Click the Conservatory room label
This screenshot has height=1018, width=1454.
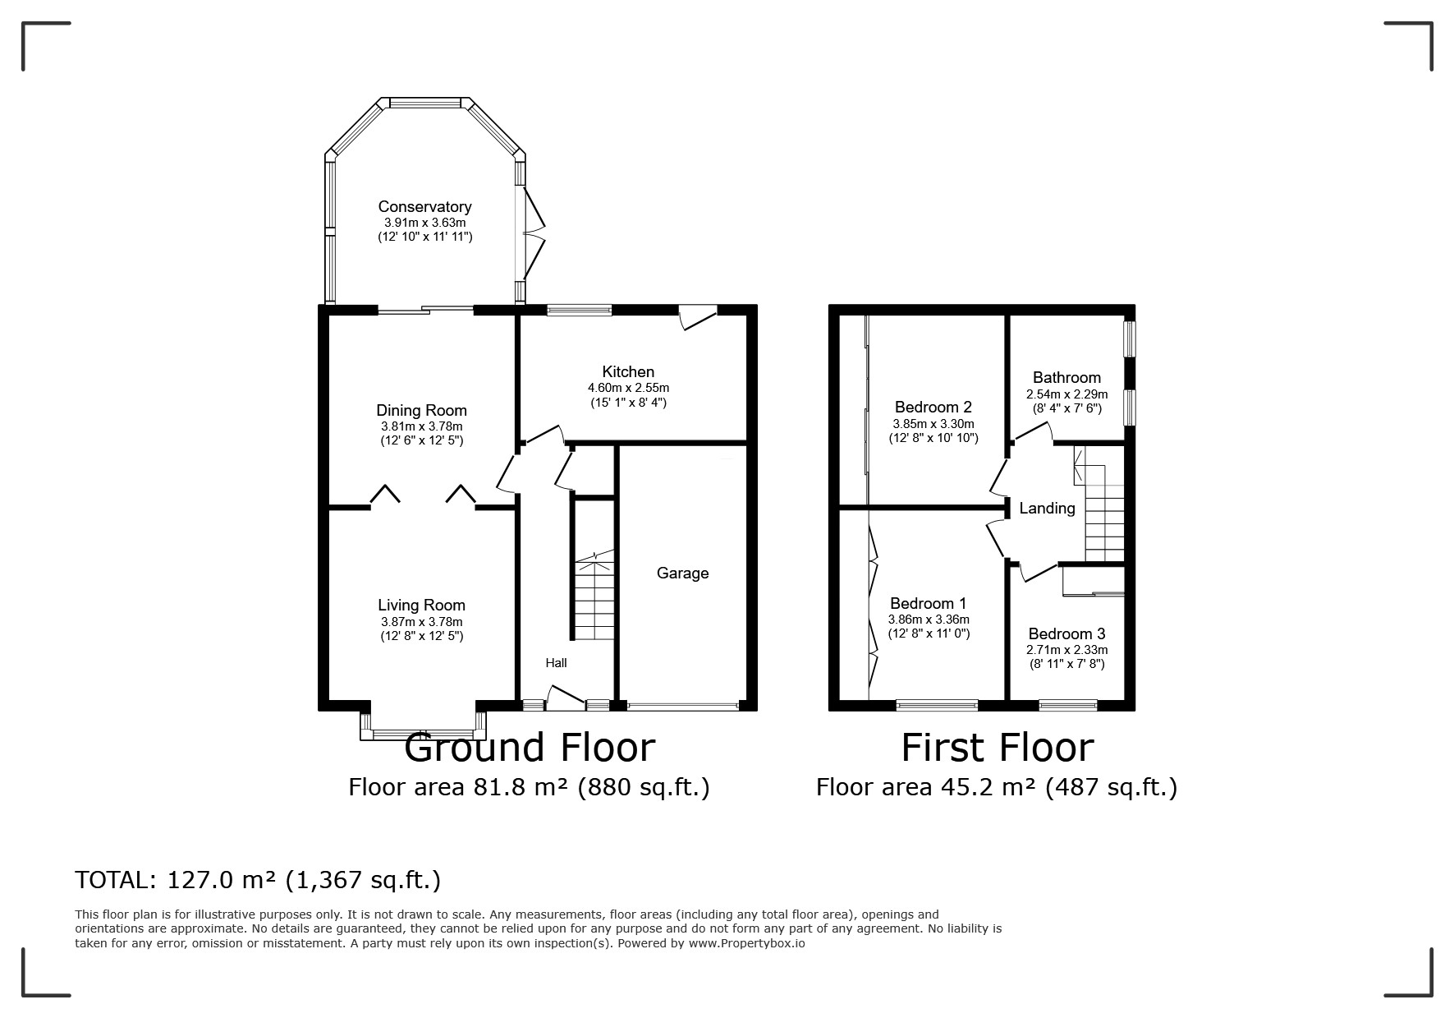(424, 206)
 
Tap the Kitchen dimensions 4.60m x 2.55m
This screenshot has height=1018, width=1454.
(628, 388)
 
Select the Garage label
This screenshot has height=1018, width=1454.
(682, 573)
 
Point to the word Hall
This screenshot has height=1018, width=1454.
(556, 663)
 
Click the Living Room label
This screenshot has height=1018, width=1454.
(421, 606)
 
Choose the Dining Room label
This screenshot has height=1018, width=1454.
(421, 411)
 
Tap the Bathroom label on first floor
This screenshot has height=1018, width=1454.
(1066, 378)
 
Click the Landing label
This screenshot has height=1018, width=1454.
(1047, 509)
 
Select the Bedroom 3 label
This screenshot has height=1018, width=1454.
(1066, 634)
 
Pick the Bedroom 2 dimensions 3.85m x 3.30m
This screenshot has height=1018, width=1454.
(933, 424)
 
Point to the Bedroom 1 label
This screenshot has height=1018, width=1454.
(928, 604)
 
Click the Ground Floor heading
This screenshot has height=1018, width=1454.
(530, 748)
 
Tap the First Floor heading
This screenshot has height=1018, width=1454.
(998, 748)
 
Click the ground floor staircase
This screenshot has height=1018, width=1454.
(594, 599)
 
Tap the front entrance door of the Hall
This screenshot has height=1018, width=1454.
(565, 698)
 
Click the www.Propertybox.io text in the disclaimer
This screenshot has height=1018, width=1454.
(746, 943)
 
